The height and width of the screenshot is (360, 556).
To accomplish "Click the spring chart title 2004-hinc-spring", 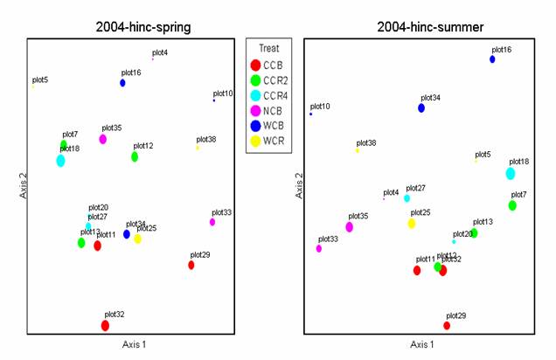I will tap(143, 27).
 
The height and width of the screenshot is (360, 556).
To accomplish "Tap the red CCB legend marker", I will tap(254, 65).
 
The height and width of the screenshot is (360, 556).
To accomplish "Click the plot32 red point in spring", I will tap(105, 326).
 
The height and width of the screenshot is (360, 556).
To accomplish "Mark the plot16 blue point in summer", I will tap(492, 59).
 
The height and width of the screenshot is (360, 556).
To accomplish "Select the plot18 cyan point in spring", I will tap(60, 161).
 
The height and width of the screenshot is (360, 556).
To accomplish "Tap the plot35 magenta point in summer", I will tap(350, 227).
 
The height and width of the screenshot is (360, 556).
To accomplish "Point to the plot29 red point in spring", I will tap(191, 265).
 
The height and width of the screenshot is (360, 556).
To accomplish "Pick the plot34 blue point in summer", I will tap(421, 108).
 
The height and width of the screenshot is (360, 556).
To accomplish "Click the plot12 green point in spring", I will tap(135, 157).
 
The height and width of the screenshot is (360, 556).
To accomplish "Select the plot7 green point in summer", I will tap(512, 206).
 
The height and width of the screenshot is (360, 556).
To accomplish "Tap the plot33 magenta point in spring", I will tap(212, 222).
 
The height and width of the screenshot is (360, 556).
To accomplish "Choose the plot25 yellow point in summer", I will tap(412, 224).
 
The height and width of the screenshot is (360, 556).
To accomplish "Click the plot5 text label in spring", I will tap(40, 80).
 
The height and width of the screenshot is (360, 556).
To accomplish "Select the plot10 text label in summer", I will tap(321, 106).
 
